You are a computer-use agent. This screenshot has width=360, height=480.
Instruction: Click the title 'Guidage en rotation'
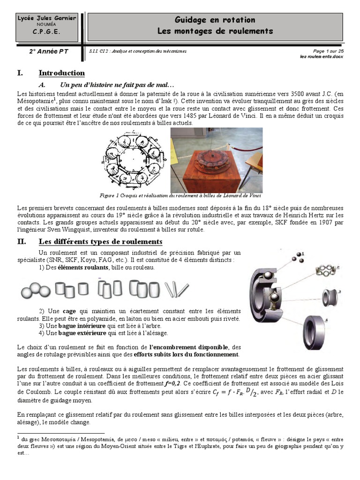(215, 20)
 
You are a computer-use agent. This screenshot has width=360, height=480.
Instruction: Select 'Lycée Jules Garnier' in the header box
(46, 18)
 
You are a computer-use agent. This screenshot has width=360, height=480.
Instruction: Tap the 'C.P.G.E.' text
(46, 32)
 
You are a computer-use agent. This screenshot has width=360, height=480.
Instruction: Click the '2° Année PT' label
(49, 52)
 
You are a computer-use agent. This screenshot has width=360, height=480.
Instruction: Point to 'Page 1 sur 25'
(329, 51)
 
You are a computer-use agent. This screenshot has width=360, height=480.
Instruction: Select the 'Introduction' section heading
(61, 73)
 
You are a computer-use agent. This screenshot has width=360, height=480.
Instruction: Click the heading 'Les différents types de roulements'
(100, 242)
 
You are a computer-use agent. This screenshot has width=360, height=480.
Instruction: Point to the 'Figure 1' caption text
(180, 195)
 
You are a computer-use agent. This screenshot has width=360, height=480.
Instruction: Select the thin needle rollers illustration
(178, 290)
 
